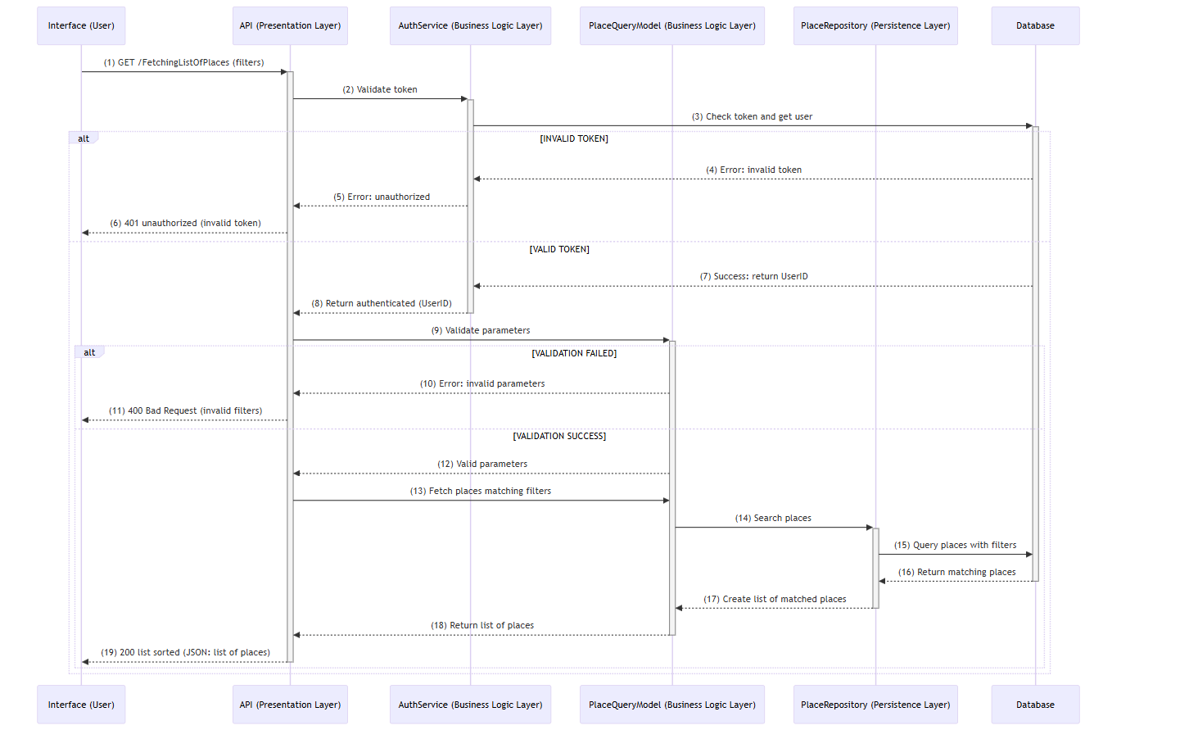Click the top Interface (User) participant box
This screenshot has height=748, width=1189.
pyautogui.click(x=81, y=26)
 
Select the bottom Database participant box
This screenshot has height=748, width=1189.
pyautogui.click(x=1035, y=705)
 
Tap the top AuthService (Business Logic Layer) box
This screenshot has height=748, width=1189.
pyautogui.click(x=470, y=26)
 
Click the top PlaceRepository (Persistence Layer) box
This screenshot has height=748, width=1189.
pyautogui.click(x=875, y=26)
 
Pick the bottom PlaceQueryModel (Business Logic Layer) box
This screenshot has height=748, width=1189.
pyautogui.click(x=671, y=705)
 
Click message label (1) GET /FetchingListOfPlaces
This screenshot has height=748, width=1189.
pyautogui.click(x=183, y=62)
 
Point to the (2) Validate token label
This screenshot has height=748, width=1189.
pyautogui.click(x=380, y=89)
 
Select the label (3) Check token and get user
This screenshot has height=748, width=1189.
pyautogui.click(x=752, y=116)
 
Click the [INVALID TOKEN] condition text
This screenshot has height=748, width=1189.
pyautogui.click(x=574, y=138)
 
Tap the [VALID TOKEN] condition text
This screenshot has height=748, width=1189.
pyautogui.click(x=559, y=249)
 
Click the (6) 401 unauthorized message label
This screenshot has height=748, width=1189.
pyautogui.click(x=186, y=223)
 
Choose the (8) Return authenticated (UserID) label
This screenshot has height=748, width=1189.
pyautogui.click(x=382, y=303)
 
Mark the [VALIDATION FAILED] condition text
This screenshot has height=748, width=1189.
pyautogui.click(x=574, y=353)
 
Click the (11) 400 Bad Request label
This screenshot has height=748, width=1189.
pyautogui.click(x=186, y=410)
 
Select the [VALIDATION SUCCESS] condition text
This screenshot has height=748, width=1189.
pyautogui.click(x=559, y=436)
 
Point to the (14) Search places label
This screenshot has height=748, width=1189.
pyautogui.click(x=773, y=518)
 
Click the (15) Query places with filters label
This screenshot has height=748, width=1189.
pyautogui.click(x=955, y=545)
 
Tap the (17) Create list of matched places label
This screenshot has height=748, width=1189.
pyautogui.click(x=775, y=599)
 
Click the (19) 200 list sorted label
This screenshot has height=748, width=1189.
pyautogui.click(x=186, y=652)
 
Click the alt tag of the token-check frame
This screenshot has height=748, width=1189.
pyautogui.click(x=84, y=138)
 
